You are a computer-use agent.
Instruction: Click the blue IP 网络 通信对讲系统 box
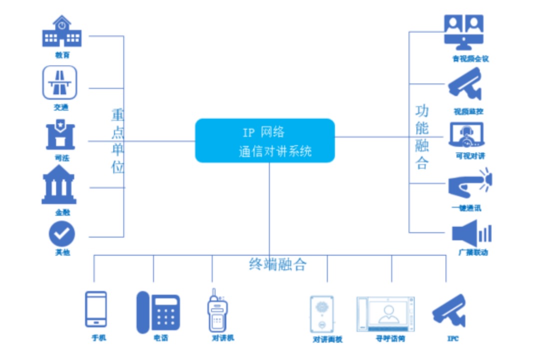pyautogui.click(x=265, y=140)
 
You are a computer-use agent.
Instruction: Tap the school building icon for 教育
pyautogui.click(x=61, y=33)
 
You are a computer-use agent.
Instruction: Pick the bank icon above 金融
pyautogui.click(x=59, y=185)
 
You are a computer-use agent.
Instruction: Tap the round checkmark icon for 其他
pyautogui.click(x=61, y=233)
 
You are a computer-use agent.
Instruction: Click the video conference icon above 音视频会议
pyautogui.click(x=465, y=31)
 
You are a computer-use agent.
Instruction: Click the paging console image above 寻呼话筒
pyautogui.click(x=385, y=314)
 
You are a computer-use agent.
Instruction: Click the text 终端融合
pyautogui.click(x=277, y=264)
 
